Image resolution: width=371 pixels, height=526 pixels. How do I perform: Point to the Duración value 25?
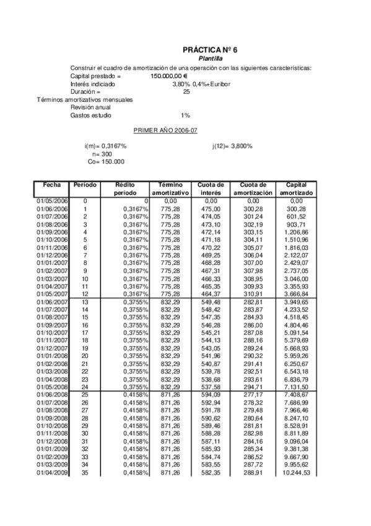[186, 92]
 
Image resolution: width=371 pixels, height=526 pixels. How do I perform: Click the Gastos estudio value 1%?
[185, 115]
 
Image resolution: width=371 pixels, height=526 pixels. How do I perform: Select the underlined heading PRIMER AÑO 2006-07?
[163, 131]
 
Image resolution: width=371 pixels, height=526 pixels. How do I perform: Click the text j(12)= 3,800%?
[232, 146]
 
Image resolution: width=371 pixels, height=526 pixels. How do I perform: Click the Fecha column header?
[52, 185]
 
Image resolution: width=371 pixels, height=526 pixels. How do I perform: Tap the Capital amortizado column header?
[296, 189]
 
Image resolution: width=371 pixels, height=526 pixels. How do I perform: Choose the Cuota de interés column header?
[211, 189]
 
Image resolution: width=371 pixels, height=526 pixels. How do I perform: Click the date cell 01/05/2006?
[52, 202]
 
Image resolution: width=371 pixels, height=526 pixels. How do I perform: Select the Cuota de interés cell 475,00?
[211, 210]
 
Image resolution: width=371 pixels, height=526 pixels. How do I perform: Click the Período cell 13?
[85, 303]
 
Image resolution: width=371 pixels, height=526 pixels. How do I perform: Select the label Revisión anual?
[90, 107]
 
